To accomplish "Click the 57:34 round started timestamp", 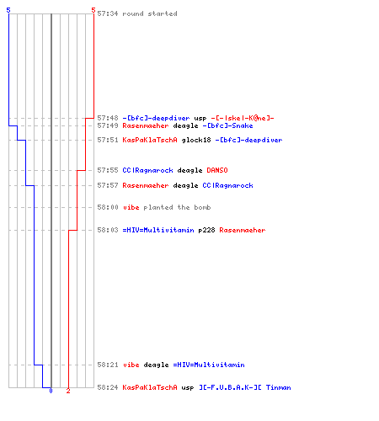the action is [x=108, y=13].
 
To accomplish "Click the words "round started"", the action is [x=150, y=13].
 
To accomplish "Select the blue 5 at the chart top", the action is [x=8, y=10].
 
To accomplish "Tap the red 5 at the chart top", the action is [x=93, y=10].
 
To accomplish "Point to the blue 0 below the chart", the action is [x=51, y=391].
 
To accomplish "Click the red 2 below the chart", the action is [x=68, y=391].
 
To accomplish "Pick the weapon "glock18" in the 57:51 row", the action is [x=196, y=140].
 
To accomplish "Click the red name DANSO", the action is [x=217, y=170].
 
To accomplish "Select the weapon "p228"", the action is [x=206, y=230].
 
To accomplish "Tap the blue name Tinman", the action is [x=279, y=387].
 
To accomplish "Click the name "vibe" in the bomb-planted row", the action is [x=131, y=207].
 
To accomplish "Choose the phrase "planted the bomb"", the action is [x=177, y=207].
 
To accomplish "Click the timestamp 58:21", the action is [x=108, y=365].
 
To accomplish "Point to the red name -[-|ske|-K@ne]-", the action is [x=243, y=118].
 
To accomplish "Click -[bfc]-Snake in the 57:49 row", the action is [x=227, y=125].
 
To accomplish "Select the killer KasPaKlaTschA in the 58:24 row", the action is [x=150, y=387].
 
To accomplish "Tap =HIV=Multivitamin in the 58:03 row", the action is [x=158, y=230].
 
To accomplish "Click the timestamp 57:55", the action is [x=108, y=170].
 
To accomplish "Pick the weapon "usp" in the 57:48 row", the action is [x=200, y=119].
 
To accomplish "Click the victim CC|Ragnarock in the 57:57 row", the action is [x=227, y=185].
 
